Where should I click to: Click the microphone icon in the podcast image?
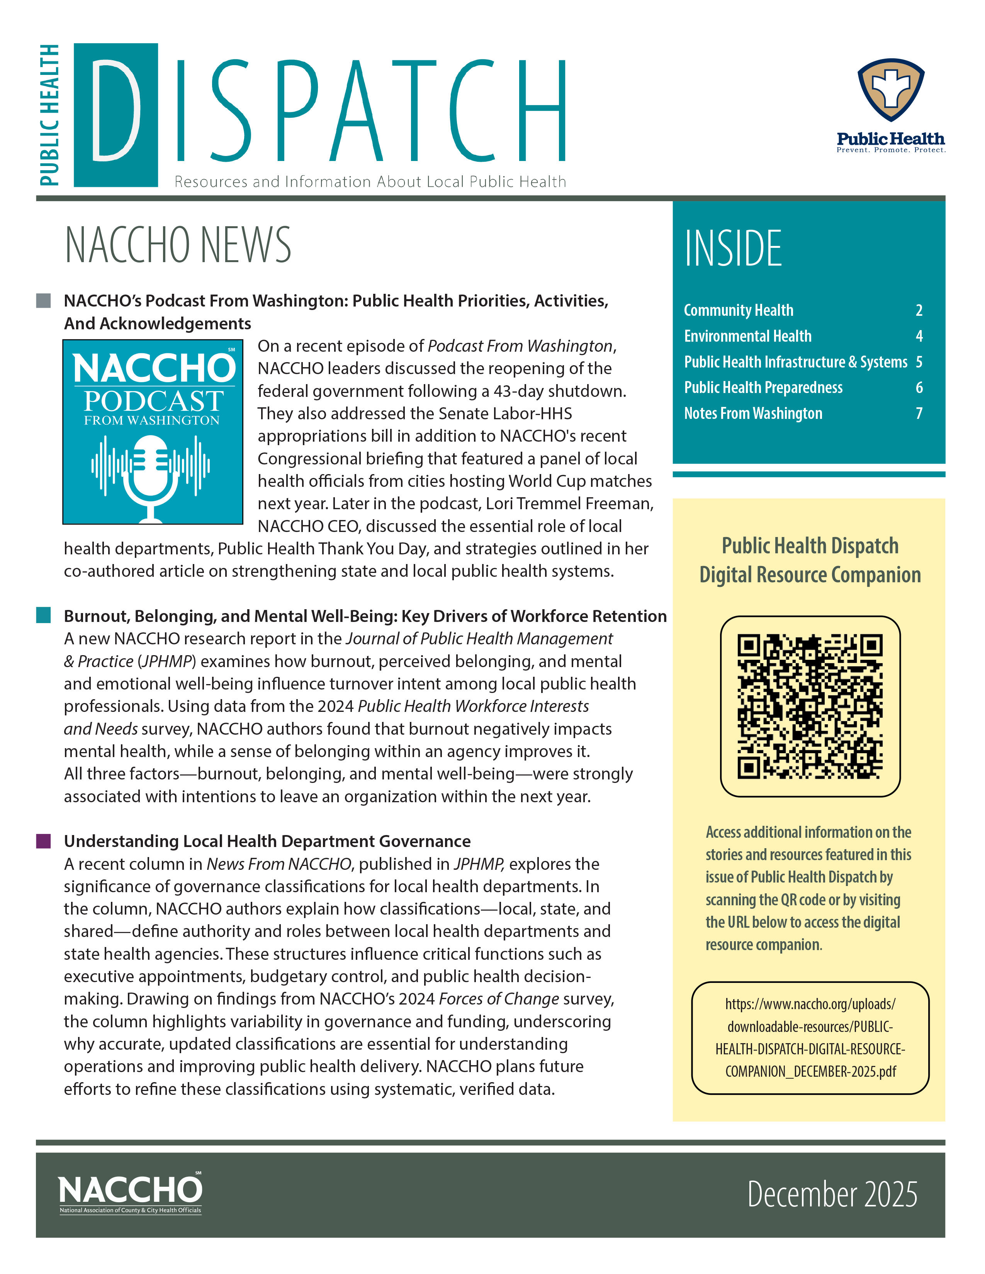click(x=151, y=475)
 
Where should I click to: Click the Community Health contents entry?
click(x=738, y=310)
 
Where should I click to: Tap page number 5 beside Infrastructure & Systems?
click(x=919, y=362)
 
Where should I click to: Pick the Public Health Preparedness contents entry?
click(x=763, y=387)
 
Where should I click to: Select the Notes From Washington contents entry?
click(x=753, y=413)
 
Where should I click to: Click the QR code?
click(x=810, y=706)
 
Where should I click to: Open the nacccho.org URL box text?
click(x=810, y=1038)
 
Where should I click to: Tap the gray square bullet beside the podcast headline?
click(x=43, y=300)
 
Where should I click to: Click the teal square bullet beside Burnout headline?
click(x=43, y=615)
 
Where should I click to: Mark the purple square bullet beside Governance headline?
click(x=43, y=840)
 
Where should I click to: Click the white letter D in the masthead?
click(x=115, y=110)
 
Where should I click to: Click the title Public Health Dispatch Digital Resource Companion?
click(x=810, y=560)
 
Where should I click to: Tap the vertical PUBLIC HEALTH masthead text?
click(x=49, y=115)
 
